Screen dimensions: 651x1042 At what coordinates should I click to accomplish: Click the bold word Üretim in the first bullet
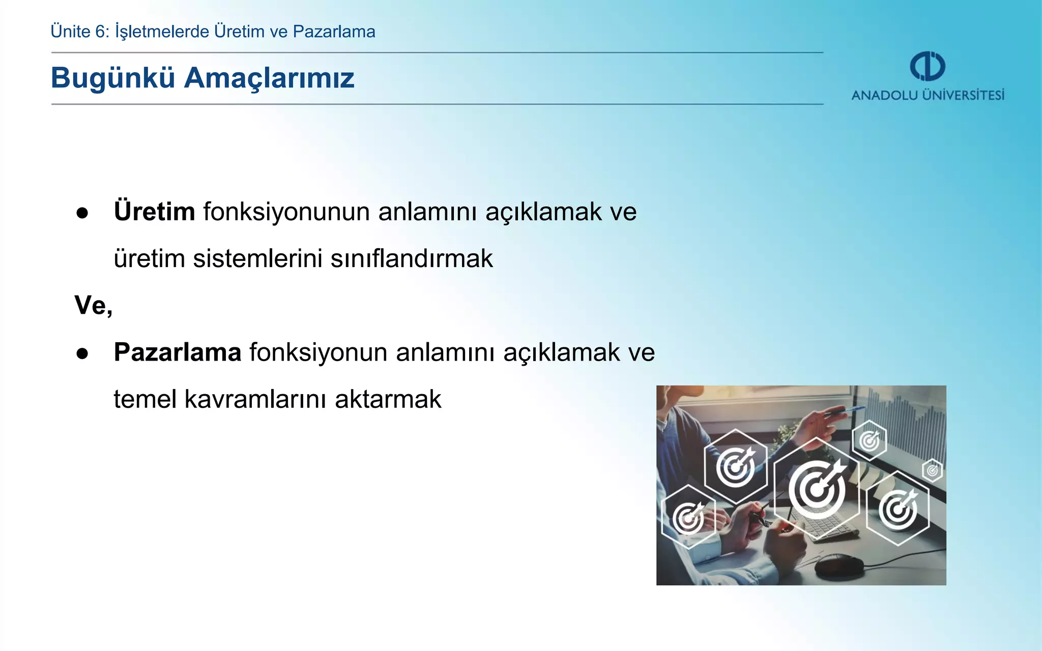coord(154,212)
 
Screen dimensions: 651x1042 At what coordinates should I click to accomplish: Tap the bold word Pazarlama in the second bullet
coord(178,352)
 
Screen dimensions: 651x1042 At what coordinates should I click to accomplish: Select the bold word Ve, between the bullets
coord(93,305)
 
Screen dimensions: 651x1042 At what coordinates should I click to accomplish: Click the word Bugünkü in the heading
coord(113,78)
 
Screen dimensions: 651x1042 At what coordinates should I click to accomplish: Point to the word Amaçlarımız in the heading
coord(269,78)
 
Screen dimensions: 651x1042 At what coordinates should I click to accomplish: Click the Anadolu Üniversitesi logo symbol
coord(927,66)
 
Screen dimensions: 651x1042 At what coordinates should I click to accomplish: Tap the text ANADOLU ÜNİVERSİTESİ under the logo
coord(928,96)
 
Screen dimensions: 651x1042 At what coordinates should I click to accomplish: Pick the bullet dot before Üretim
coord(82,214)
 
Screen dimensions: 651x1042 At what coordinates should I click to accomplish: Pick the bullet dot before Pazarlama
coord(82,354)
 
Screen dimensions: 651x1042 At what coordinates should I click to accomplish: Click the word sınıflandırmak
coord(412,258)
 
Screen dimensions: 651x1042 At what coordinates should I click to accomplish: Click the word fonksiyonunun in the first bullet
coord(286,212)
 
